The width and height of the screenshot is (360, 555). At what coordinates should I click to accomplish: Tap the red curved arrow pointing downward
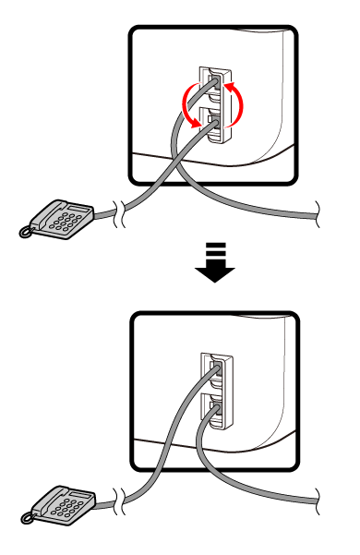tap(190, 103)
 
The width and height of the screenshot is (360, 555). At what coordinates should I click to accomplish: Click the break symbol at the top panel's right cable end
tap(318, 211)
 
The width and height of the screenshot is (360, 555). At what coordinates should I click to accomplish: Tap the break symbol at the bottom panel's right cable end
tap(318, 500)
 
